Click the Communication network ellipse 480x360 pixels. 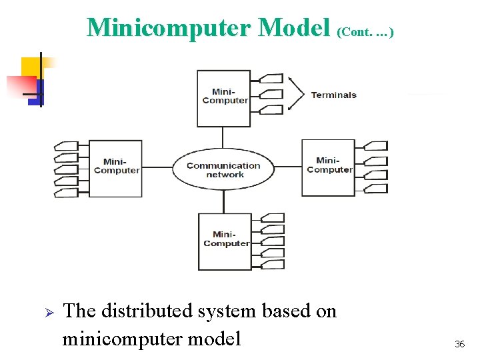click(223, 169)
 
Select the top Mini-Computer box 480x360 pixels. click(224, 97)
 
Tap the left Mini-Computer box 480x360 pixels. click(116, 167)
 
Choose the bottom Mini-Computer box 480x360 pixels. click(225, 241)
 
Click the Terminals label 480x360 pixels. click(333, 95)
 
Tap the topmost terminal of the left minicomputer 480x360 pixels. click(65, 145)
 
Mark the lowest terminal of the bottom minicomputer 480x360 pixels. click(273, 265)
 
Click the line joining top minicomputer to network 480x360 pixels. click(223, 137)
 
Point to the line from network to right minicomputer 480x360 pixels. click(288, 167)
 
